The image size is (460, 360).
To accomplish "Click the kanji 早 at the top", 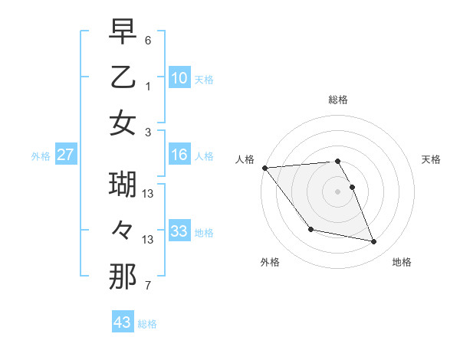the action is pos(123,31).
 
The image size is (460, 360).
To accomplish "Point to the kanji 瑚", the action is pos(123,185).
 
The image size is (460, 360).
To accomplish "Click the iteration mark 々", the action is pos(123,230).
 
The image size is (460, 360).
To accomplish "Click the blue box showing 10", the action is pos(179,77).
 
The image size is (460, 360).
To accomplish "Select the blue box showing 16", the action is pos(179,155).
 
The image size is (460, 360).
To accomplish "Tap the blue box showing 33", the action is pos(179,231).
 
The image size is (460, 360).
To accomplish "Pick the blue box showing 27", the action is pos(66,155).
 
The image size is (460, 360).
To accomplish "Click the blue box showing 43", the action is pos(122,322).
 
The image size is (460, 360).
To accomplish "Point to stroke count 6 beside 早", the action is pos(148,40).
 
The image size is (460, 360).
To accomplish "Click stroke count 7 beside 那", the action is pos(148,286).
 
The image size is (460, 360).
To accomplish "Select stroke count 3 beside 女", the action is pos(148,133).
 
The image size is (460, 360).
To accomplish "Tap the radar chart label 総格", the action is pos(338,100).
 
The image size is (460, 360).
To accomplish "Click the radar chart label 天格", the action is pos(432,159).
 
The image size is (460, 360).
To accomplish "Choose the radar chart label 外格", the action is pos(270,262).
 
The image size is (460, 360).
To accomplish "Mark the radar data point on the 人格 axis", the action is pos(264,168).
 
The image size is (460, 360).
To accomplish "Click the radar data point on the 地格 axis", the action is pos(374,242).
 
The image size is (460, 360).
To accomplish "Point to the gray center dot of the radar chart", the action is pos(338,191).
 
